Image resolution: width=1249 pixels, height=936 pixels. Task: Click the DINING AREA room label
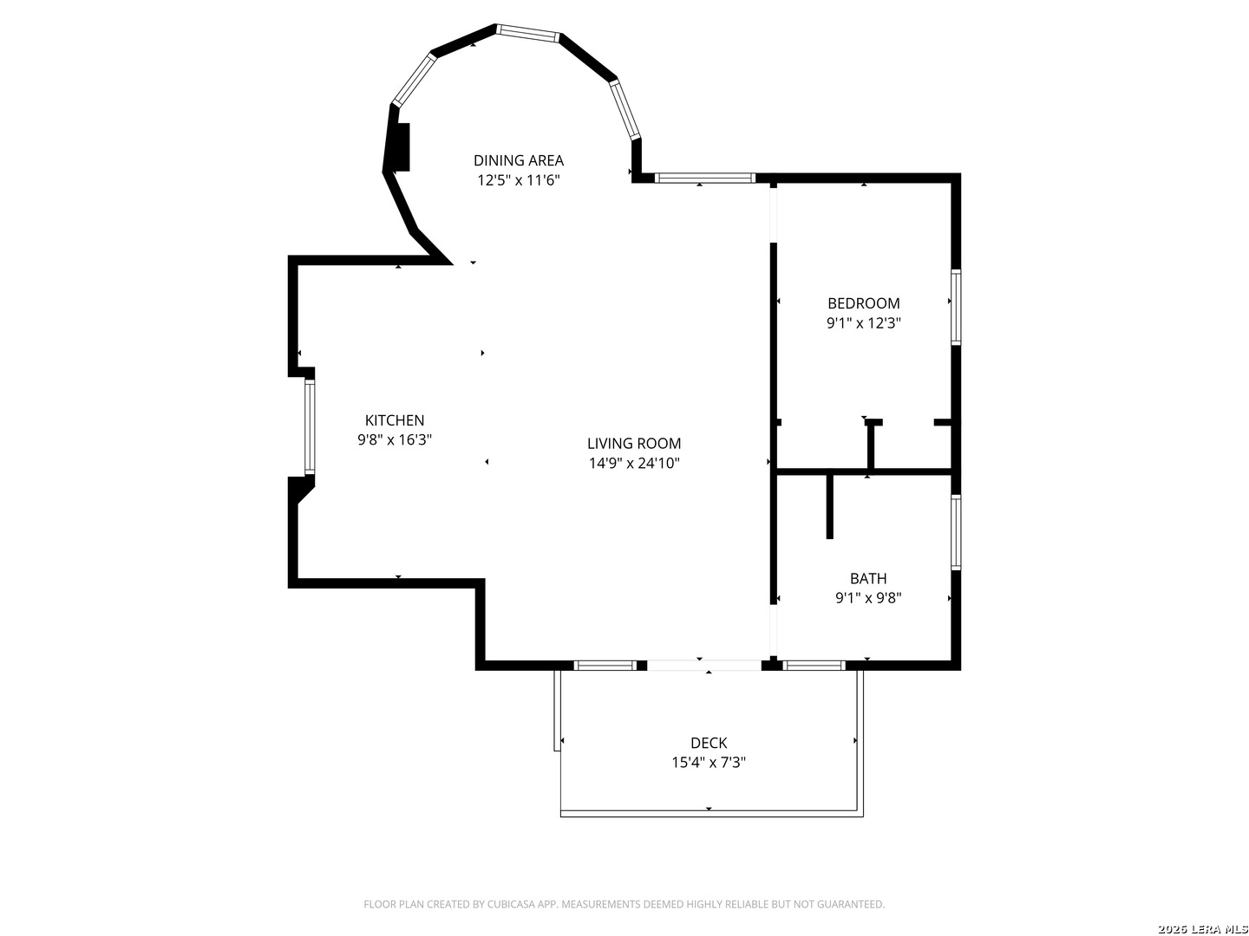pos(518,160)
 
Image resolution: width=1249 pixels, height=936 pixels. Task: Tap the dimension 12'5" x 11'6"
pos(518,180)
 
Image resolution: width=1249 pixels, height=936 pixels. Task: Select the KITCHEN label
pos(395,420)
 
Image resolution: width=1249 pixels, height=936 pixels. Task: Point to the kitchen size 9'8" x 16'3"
pos(395,440)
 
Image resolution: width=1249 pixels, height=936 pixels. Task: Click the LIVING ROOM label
pos(634,444)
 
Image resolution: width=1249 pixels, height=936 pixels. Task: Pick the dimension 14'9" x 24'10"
pos(634,464)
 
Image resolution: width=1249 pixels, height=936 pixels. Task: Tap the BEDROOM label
pos(863,303)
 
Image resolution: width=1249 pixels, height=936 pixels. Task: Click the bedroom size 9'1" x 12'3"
pos(863,323)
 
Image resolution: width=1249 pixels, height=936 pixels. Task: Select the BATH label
pos(867,579)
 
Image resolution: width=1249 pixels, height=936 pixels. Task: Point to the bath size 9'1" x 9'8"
pos(867,598)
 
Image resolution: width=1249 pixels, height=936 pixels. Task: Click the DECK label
pos(709,743)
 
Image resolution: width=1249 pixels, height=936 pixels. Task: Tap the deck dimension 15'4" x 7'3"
pos(709,763)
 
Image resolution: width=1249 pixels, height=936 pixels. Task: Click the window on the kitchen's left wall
pos(309,426)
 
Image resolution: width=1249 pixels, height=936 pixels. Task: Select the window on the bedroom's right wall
pos(956,307)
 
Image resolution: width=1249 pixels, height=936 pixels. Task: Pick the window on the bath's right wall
pos(956,531)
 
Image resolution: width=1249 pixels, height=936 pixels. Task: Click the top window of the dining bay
pos(528,33)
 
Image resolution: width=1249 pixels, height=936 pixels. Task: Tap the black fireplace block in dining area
pos(401,147)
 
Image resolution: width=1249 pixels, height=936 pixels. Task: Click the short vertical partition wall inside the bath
pos(830,506)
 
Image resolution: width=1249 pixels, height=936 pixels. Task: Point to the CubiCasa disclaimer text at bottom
pos(624,905)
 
